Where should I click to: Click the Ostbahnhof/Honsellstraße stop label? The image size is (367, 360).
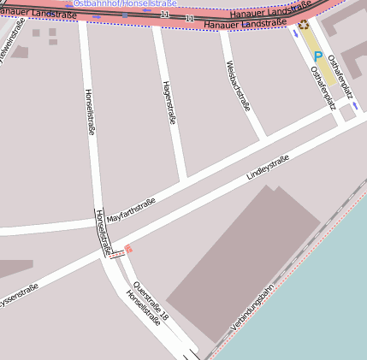point(125,3)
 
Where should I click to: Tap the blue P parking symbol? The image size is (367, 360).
point(317,56)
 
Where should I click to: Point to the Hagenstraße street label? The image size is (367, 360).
point(169,103)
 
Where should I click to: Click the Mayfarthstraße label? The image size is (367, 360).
point(131,205)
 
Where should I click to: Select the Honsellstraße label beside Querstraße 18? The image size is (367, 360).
point(143,309)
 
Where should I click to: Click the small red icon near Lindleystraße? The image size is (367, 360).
point(129,249)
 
